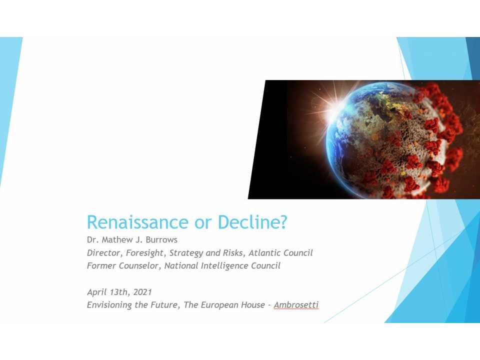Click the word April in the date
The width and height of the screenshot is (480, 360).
coord(97,292)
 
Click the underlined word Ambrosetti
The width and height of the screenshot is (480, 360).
coord(296,305)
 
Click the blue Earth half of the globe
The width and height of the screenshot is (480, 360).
coord(350,130)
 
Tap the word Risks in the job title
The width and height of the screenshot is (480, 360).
coord(230,252)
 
